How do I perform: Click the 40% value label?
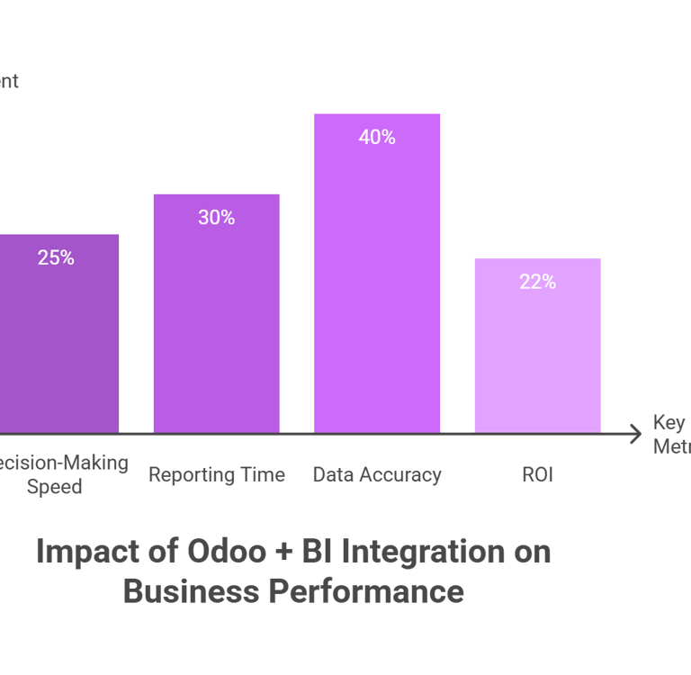377,138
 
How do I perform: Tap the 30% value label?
216,218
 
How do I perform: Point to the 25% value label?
56,258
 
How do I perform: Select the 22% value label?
537,283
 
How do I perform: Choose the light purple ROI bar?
537,360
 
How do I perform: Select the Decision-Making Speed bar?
58,351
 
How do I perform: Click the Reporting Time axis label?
216,475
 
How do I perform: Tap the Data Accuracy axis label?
377,475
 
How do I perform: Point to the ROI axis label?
537,475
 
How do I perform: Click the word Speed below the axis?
55,487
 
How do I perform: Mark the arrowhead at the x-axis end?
637,434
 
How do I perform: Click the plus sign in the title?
283,553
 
